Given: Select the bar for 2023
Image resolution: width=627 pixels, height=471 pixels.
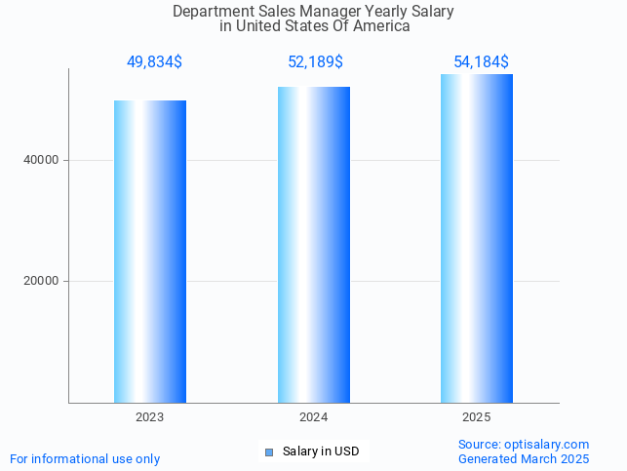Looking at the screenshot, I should tap(150, 252).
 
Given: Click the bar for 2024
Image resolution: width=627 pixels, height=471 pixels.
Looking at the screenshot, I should tap(313, 245).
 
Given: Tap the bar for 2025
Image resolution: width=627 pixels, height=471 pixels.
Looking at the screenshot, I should tap(477, 239).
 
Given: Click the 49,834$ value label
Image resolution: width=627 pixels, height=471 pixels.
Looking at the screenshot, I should tap(154, 62).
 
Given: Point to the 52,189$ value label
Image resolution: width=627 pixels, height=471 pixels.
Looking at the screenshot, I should tap(315, 62).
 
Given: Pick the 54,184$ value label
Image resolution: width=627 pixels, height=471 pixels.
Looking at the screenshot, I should tap(481, 62).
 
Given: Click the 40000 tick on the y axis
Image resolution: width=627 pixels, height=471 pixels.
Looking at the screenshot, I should tap(40, 160).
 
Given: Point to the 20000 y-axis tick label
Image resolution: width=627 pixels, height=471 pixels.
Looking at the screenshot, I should tap(40, 281).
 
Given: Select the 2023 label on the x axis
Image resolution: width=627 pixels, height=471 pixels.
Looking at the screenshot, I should tap(150, 416).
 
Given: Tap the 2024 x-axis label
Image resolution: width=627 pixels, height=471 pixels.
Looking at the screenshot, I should tap(313, 416).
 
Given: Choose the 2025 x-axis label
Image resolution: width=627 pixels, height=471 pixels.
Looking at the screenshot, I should tap(477, 416).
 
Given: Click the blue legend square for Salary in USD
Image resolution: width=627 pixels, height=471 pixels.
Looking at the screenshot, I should tap(269, 451).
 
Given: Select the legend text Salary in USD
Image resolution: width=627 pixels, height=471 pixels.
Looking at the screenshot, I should tap(321, 451).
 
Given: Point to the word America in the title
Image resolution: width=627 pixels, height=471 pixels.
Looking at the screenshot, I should tap(381, 26).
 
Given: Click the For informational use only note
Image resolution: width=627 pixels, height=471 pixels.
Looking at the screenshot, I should tap(85, 458).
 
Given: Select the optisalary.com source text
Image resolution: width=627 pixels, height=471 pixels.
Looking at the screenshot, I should tap(524, 445).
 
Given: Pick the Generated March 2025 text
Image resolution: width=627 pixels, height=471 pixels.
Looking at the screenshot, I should tap(524, 458).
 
